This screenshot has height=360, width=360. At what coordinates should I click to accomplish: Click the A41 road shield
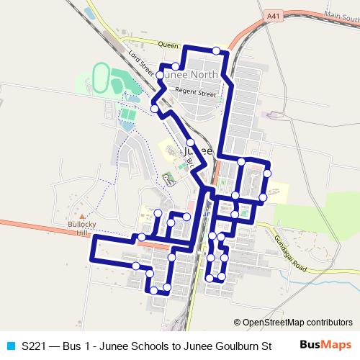pos(272,14)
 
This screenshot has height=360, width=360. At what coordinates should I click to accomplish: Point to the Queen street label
pos(167,45)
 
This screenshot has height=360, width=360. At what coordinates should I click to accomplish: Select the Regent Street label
pos(197,94)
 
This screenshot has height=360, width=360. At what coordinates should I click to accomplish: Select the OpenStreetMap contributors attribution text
pos(297,322)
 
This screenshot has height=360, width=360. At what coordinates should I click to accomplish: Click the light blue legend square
pos(10,346)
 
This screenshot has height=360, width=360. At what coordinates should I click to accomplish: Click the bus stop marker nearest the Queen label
pos(175,66)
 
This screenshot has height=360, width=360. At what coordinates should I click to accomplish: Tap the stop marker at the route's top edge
pos(217,50)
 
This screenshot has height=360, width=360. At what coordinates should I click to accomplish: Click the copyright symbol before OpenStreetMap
pos(237,322)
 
